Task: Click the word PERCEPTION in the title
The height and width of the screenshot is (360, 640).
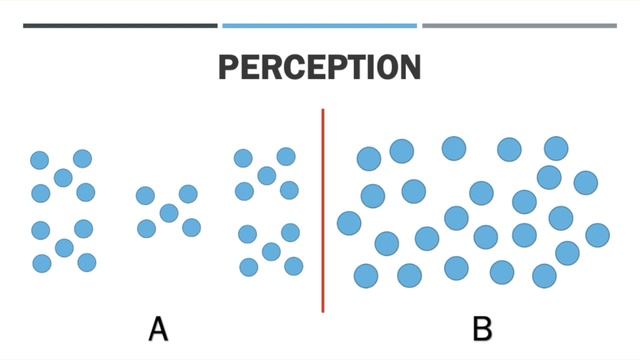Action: pos(319,67)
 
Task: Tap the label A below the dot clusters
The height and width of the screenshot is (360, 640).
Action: pos(158,328)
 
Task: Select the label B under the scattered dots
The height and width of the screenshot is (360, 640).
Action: pos(481,328)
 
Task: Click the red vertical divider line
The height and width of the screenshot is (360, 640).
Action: pos(322,210)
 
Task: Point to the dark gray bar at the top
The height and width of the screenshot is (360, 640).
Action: pos(120,25)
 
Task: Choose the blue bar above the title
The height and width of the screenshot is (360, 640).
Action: pos(319,25)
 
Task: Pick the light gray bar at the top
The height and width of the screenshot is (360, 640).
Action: pos(519,25)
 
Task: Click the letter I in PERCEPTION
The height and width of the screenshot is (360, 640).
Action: pos(371,67)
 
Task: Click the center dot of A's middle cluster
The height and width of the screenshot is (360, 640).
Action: pos(168,212)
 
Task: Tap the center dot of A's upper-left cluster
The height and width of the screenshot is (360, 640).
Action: pos(63,177)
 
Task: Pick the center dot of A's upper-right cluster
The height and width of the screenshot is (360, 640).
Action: pos(266,175)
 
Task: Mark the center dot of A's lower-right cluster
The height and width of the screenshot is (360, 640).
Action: pos(271,251)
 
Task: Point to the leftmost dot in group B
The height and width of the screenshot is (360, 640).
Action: pos(349,223)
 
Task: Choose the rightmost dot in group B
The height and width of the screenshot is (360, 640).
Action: pos(597,235)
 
